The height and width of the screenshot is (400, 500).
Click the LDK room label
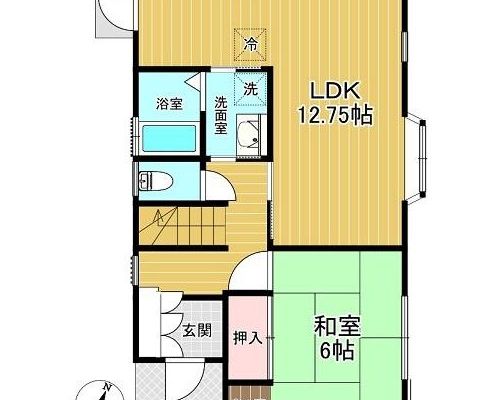tap(335, 90)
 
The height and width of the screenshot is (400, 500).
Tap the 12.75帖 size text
tap(335, 115)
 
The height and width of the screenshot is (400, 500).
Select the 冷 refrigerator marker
tap(251, 45)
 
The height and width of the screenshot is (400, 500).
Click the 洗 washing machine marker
tap(250, 89)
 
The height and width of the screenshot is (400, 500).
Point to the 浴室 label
tap(169, 104)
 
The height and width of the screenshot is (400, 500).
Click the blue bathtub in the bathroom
tap(169, 138)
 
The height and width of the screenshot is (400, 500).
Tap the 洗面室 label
tap(220, 115)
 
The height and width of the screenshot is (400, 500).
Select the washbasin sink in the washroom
tap(248, 136)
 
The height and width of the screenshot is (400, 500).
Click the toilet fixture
tap(155, 181)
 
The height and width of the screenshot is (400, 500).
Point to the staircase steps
tap(180, 226)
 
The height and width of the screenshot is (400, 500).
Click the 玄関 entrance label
tap(197, 331)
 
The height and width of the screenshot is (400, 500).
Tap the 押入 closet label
tap(248, 339)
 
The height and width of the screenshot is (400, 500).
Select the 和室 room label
tap(337, 327)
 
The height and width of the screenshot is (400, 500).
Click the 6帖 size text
tap(337, 351)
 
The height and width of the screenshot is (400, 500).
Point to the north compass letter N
tap(107, 387)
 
